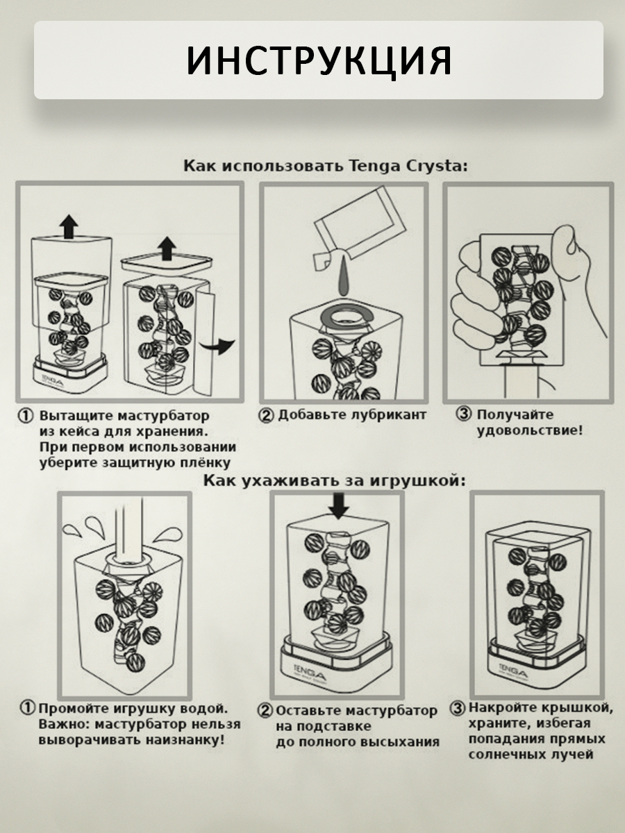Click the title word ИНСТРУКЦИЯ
point(319,61)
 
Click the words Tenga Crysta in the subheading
point(409,167)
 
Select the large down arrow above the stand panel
point(338,505)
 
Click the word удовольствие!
point(529,430)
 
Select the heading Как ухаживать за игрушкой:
point(334,480)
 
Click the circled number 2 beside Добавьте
point(267,416)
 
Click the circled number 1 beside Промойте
point(27,709)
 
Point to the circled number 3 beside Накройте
point(457,709)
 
